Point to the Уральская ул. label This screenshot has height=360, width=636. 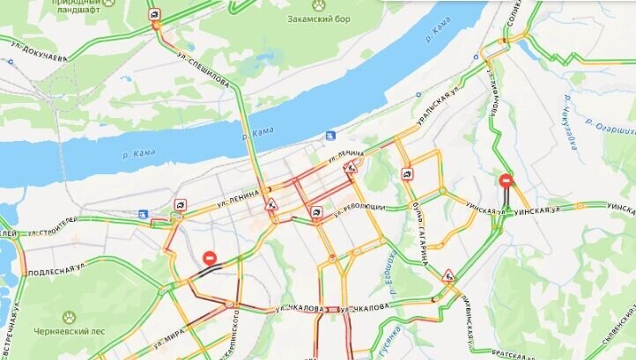pyautogui.click(x=440, y=103)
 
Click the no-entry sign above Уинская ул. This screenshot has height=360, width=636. pyautogui.click(x=506, y=180)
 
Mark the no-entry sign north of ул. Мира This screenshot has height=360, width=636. pyautogui.click(x=210, y=258)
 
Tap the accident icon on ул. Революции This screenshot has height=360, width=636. pyautogui.click(x=316, y=212)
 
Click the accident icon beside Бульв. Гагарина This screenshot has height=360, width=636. pyautogui.click(x=407, y=174)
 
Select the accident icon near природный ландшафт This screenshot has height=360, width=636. pyautogui.click(x=154, y=14)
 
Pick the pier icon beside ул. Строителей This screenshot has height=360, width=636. pyautogui.click(x=143, y=214)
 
